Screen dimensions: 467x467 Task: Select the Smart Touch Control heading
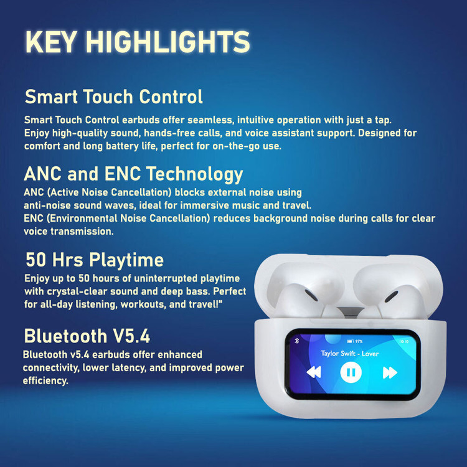pos(113,97)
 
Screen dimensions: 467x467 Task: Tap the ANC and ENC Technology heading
pos(133,173)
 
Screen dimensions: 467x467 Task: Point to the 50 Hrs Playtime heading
pos(94,259)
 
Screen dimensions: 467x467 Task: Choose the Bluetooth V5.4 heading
pos(87,336)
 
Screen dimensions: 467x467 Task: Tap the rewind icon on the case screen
pos(313,372)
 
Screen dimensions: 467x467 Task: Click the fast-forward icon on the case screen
pos(390,372)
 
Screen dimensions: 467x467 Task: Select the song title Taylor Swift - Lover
pos(350,353)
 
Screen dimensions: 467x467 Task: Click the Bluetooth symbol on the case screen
pos(296,341)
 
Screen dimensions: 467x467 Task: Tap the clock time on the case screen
pos(403,341)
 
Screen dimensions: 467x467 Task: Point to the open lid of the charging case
pos(349,265)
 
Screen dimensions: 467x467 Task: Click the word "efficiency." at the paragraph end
pos(45,380)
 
